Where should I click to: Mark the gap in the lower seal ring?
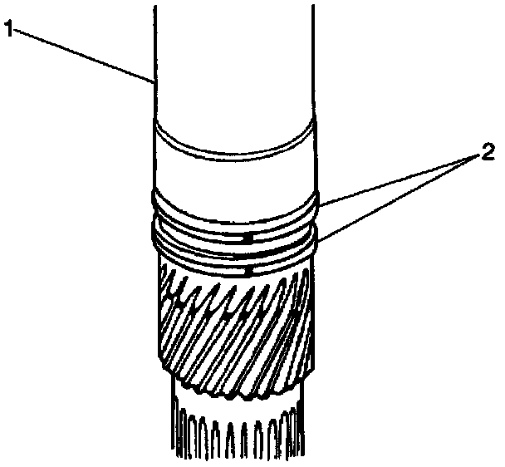(249, 269)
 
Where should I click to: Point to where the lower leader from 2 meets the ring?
(318, 241)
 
